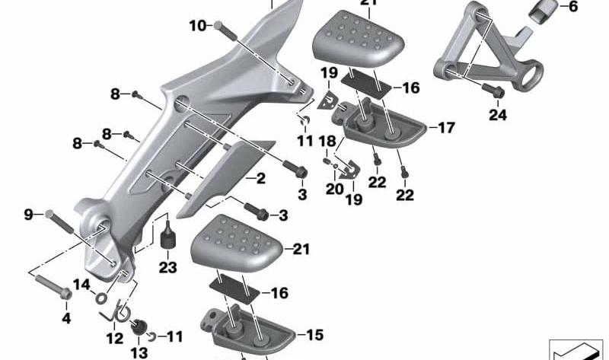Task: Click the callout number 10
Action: click(x=198, y=26)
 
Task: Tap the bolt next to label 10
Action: click(x=225, y=30)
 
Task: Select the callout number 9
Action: click(x=29, y=215)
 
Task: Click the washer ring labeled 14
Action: click(x=101, y=298)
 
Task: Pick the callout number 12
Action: click(x=115, y=338)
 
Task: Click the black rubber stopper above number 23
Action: click(x=168, y=236)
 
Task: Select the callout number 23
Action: click(x=167, y=267)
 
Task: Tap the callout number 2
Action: click(x=260, y=178)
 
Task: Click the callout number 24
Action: click(x=498, y=115)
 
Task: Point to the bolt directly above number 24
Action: click(x=493, y=90)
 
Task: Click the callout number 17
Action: click(x=446, y=127)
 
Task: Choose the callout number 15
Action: click(x=315, y=334)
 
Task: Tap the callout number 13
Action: click(x=139, y=353)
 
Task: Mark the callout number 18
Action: click(x=327, y=142)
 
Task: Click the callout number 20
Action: click(x=335, y=189)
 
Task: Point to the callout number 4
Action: click(x=66, y=318)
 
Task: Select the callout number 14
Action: click(x=81, y=285)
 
